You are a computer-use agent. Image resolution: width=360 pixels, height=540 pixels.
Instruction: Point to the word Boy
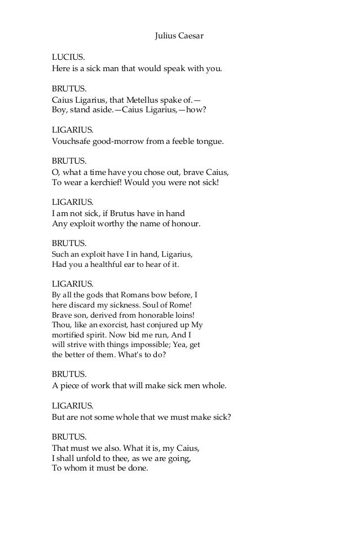click(59, 110)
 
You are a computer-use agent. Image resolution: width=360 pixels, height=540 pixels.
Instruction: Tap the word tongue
click(210, 141)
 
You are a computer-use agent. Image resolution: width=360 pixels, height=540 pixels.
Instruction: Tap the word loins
click(182, 315)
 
